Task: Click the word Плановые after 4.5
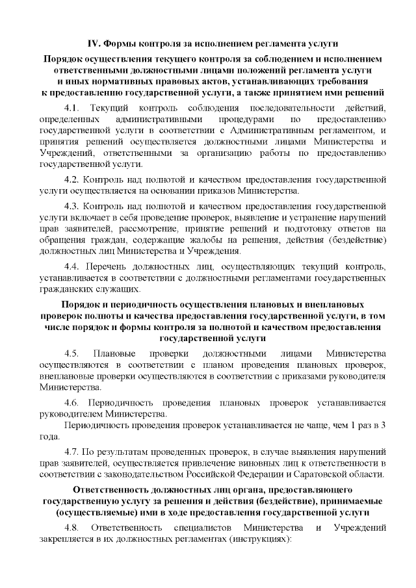pos(114,353)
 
